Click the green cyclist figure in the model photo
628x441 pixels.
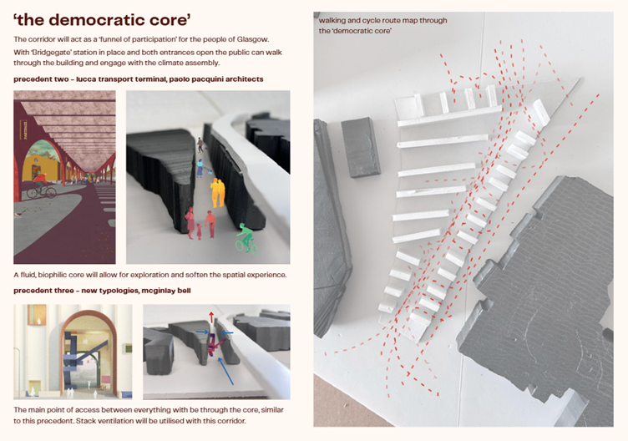pyautogui.click(x=247, y=239)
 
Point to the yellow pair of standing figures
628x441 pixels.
pyautogui.click(x=218, y=193)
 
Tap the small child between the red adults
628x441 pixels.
pyautogui.click(x=199, y=231)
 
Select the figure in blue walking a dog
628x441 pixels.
pyautogui.click(x=200, y=168)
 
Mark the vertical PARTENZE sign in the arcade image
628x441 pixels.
pyautogui.click(x=24, y=130)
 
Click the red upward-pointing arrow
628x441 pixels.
pyautogui.click(x=211, y=317)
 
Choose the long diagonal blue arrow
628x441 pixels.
pyautogui.click(x=225, y=371)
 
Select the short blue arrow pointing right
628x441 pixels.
pyautogui.click(x=202, y=332)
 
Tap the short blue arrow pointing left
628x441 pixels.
pyautogui.click(x=227, y=332)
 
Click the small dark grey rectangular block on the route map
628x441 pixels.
pyautogui.click(x=361, y=147)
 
